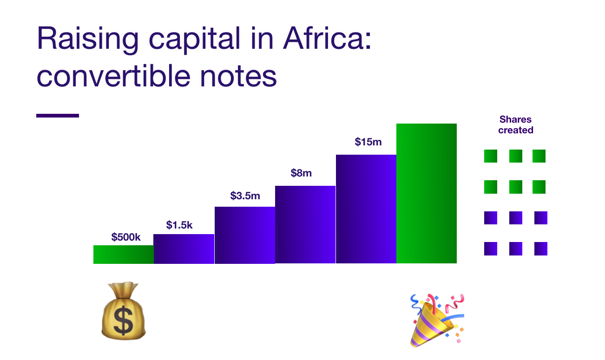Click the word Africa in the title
327,38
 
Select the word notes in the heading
238,77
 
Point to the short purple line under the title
58,116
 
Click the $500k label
126,237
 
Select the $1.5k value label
179,225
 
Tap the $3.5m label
245,196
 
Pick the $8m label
301,173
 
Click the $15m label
368,142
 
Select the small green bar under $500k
124,255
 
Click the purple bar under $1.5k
184,249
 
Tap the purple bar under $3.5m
245,235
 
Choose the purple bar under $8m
305,224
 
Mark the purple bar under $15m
366,209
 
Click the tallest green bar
427,193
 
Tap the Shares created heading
516,124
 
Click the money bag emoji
124,311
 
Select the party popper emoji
437,321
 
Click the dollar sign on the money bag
124,321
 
